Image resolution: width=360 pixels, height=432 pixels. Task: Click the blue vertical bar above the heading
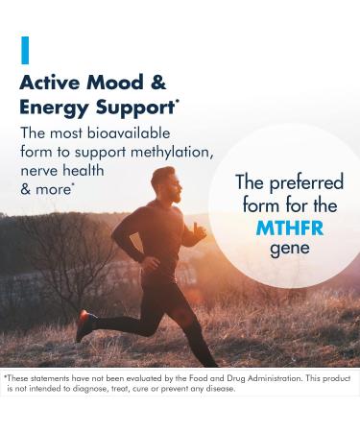[25, 49]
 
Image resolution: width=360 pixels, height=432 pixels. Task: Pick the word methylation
[169, 153]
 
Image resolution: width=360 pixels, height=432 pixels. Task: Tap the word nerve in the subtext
[42, 171]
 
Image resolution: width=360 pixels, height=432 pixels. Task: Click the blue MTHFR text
[290, 228]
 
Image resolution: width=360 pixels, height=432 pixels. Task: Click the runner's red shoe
[84, 324]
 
